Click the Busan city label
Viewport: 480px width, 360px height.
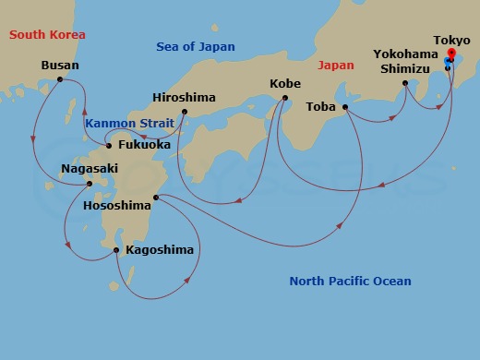coord(60,66)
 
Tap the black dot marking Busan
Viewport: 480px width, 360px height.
coord(60,79)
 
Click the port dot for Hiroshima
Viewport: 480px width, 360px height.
coord(185,113)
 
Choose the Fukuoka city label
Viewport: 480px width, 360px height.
coord(145,145)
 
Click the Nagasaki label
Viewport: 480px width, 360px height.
coord(89,169)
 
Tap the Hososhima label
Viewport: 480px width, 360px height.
coord(116,205)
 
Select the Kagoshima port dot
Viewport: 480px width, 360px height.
coord(115,249)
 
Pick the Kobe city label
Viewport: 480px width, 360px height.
coord(284,83)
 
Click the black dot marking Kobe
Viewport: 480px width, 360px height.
coord(285,98)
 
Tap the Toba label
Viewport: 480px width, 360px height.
coord(320,106)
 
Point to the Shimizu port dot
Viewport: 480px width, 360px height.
coord(405,84)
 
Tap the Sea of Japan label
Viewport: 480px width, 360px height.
coord(195,46)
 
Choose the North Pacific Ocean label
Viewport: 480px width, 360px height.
coord(350,282)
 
